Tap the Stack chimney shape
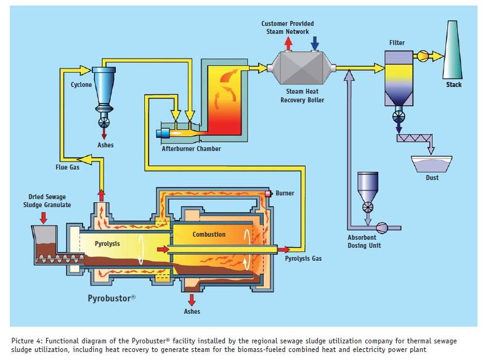click(454, 52)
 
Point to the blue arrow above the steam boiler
click(315, 42)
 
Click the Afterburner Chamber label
click(191, 149)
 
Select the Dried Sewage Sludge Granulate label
click(43, 201)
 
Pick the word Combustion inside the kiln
click(209, 234)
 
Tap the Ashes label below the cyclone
click(105, 145)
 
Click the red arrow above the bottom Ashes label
click(193, 300)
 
